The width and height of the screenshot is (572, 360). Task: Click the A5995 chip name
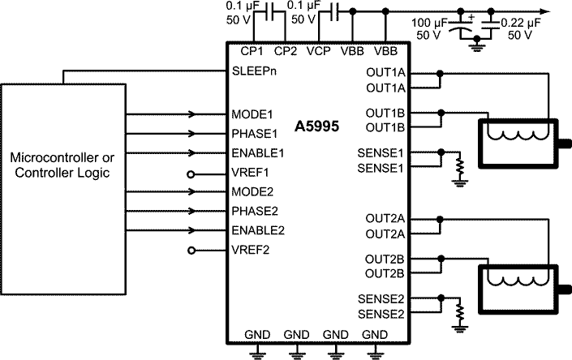[x=316, y=126]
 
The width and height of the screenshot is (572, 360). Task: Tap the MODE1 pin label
[x=252, y=114]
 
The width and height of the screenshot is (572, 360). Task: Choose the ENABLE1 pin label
[x=257, y=153]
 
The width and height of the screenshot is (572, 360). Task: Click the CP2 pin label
[x=286, y=50]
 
